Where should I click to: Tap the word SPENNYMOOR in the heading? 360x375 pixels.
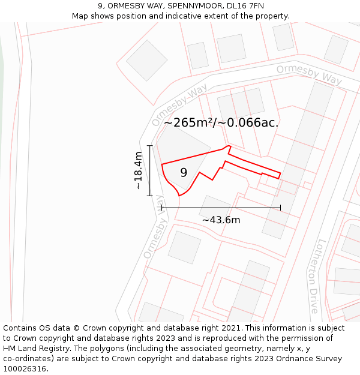tap(187, 6)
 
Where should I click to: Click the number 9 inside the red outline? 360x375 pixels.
tap(184, 173)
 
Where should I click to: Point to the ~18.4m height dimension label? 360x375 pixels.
tap(139, 171)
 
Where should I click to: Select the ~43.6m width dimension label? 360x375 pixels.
tap(221, 220)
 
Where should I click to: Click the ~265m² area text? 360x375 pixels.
tap(189, 123)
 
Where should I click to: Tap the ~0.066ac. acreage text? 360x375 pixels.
tap(248, 123)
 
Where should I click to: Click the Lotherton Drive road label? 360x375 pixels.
tap(317, 277)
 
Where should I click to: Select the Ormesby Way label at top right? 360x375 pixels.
tap(308, 75)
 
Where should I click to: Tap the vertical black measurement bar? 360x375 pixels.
tap(150, 170)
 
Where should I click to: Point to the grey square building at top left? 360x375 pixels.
tap(147, 60)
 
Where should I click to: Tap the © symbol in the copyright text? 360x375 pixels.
tap(76, 328)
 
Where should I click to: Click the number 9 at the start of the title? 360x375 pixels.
tap(100, 6)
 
